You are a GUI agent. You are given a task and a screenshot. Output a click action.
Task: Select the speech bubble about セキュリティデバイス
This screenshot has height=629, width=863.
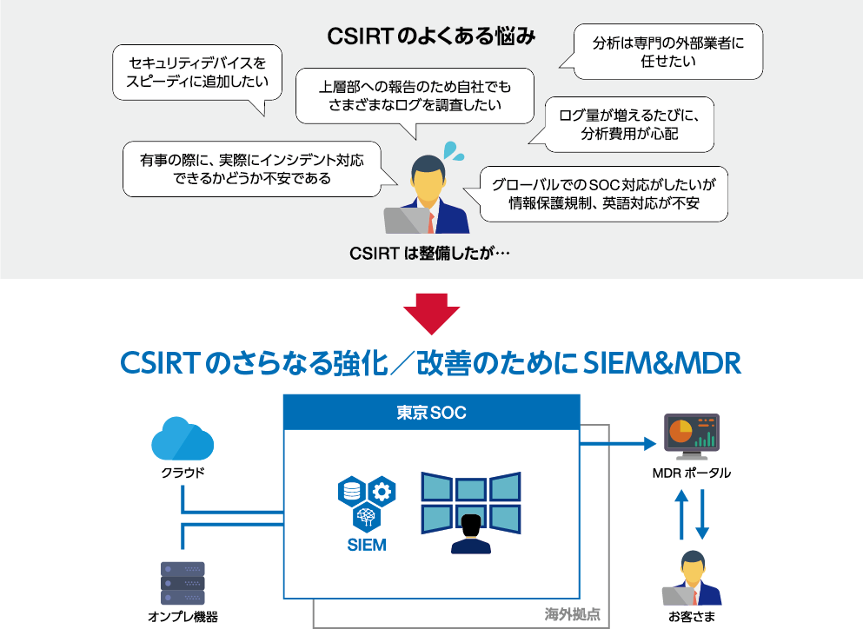click(x=198, y=73)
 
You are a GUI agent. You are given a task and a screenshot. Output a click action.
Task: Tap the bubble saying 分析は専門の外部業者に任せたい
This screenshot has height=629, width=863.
click(x=668, y=51)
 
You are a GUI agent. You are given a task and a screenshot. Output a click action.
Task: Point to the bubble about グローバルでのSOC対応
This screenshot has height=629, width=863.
click(x=603, y=194)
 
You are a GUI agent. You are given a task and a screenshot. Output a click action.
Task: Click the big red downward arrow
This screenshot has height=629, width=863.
click(x=431, y=314)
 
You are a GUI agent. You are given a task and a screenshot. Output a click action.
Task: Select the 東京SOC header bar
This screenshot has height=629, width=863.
click(x=431, y=413)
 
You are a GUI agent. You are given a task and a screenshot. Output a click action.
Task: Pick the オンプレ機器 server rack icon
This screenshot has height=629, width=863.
click(x=183, y=582)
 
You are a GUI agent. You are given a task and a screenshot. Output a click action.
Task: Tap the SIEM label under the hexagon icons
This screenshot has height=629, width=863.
click(x=366, y=546)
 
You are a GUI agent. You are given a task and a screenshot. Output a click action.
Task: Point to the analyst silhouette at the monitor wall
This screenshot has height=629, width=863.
click(x=471, y=533)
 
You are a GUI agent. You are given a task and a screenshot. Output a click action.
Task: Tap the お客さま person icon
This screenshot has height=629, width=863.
click(x=692, y=579)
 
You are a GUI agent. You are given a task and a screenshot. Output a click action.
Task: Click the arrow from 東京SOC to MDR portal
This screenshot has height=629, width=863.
click(x=617, y=443)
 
